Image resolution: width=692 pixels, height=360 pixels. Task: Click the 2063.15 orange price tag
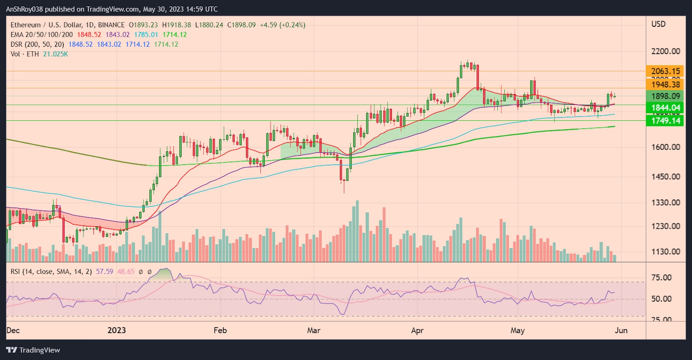(x=665, y=71)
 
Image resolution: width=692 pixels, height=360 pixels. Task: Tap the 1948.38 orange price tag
(x=665, y=85)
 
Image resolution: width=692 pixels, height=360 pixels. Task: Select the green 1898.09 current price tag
(x=665, y=96)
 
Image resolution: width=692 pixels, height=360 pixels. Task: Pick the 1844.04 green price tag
(x=665, y=108)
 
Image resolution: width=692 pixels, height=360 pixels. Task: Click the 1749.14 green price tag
(x=665, y=121)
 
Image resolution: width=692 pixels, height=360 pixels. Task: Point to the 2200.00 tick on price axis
(x=665, y=51)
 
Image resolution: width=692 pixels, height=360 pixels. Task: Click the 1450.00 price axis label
(x=665, y=177)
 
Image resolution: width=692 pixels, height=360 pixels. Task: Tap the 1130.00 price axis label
(x=665, y=251)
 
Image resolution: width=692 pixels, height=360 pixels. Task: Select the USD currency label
(x=658, y=24)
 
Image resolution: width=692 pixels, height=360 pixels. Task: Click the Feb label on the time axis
(x=220, y=331)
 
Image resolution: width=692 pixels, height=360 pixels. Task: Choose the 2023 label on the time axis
(x=116, y=331)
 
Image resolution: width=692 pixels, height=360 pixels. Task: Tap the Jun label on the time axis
(x=621, y=331)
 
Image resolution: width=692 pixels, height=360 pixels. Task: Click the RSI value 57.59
(x=104, y=272)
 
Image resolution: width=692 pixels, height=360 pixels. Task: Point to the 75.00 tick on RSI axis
(x=661, y=278)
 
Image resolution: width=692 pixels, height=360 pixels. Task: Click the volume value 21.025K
(x=55, y=54)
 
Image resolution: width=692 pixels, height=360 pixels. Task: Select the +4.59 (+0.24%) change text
(x=282, y=25)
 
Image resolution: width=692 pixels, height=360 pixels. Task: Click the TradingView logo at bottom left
(x=33, y=350)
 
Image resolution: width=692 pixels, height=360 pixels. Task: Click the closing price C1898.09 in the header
(x=241, y=25)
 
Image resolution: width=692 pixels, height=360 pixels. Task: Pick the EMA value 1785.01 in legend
(x=146, y=35)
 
